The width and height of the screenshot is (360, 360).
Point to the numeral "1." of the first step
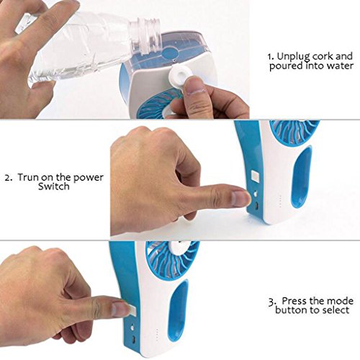271,56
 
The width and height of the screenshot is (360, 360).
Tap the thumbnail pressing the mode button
120,308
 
